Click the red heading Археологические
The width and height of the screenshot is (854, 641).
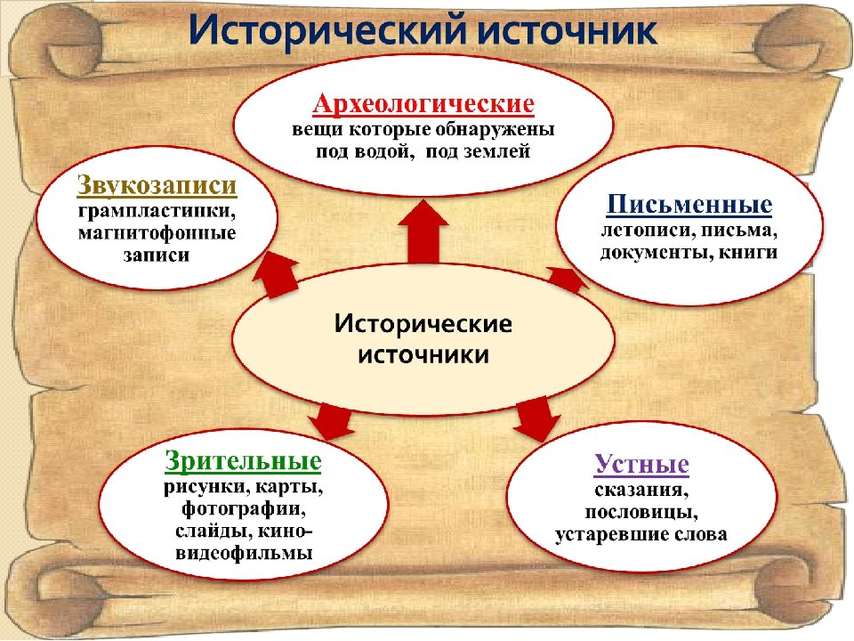pos(423,104)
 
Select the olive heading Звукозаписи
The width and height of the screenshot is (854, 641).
pos(156,187)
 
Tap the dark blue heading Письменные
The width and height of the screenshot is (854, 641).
pos(689,206)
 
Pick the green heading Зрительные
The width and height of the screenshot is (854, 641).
pos(242,462)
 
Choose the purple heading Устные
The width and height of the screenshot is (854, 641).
pos(641,465)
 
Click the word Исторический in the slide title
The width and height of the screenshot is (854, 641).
pos(324,32)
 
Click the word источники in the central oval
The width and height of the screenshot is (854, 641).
pos(423,354)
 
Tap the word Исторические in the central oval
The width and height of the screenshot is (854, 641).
pos(423,322)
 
